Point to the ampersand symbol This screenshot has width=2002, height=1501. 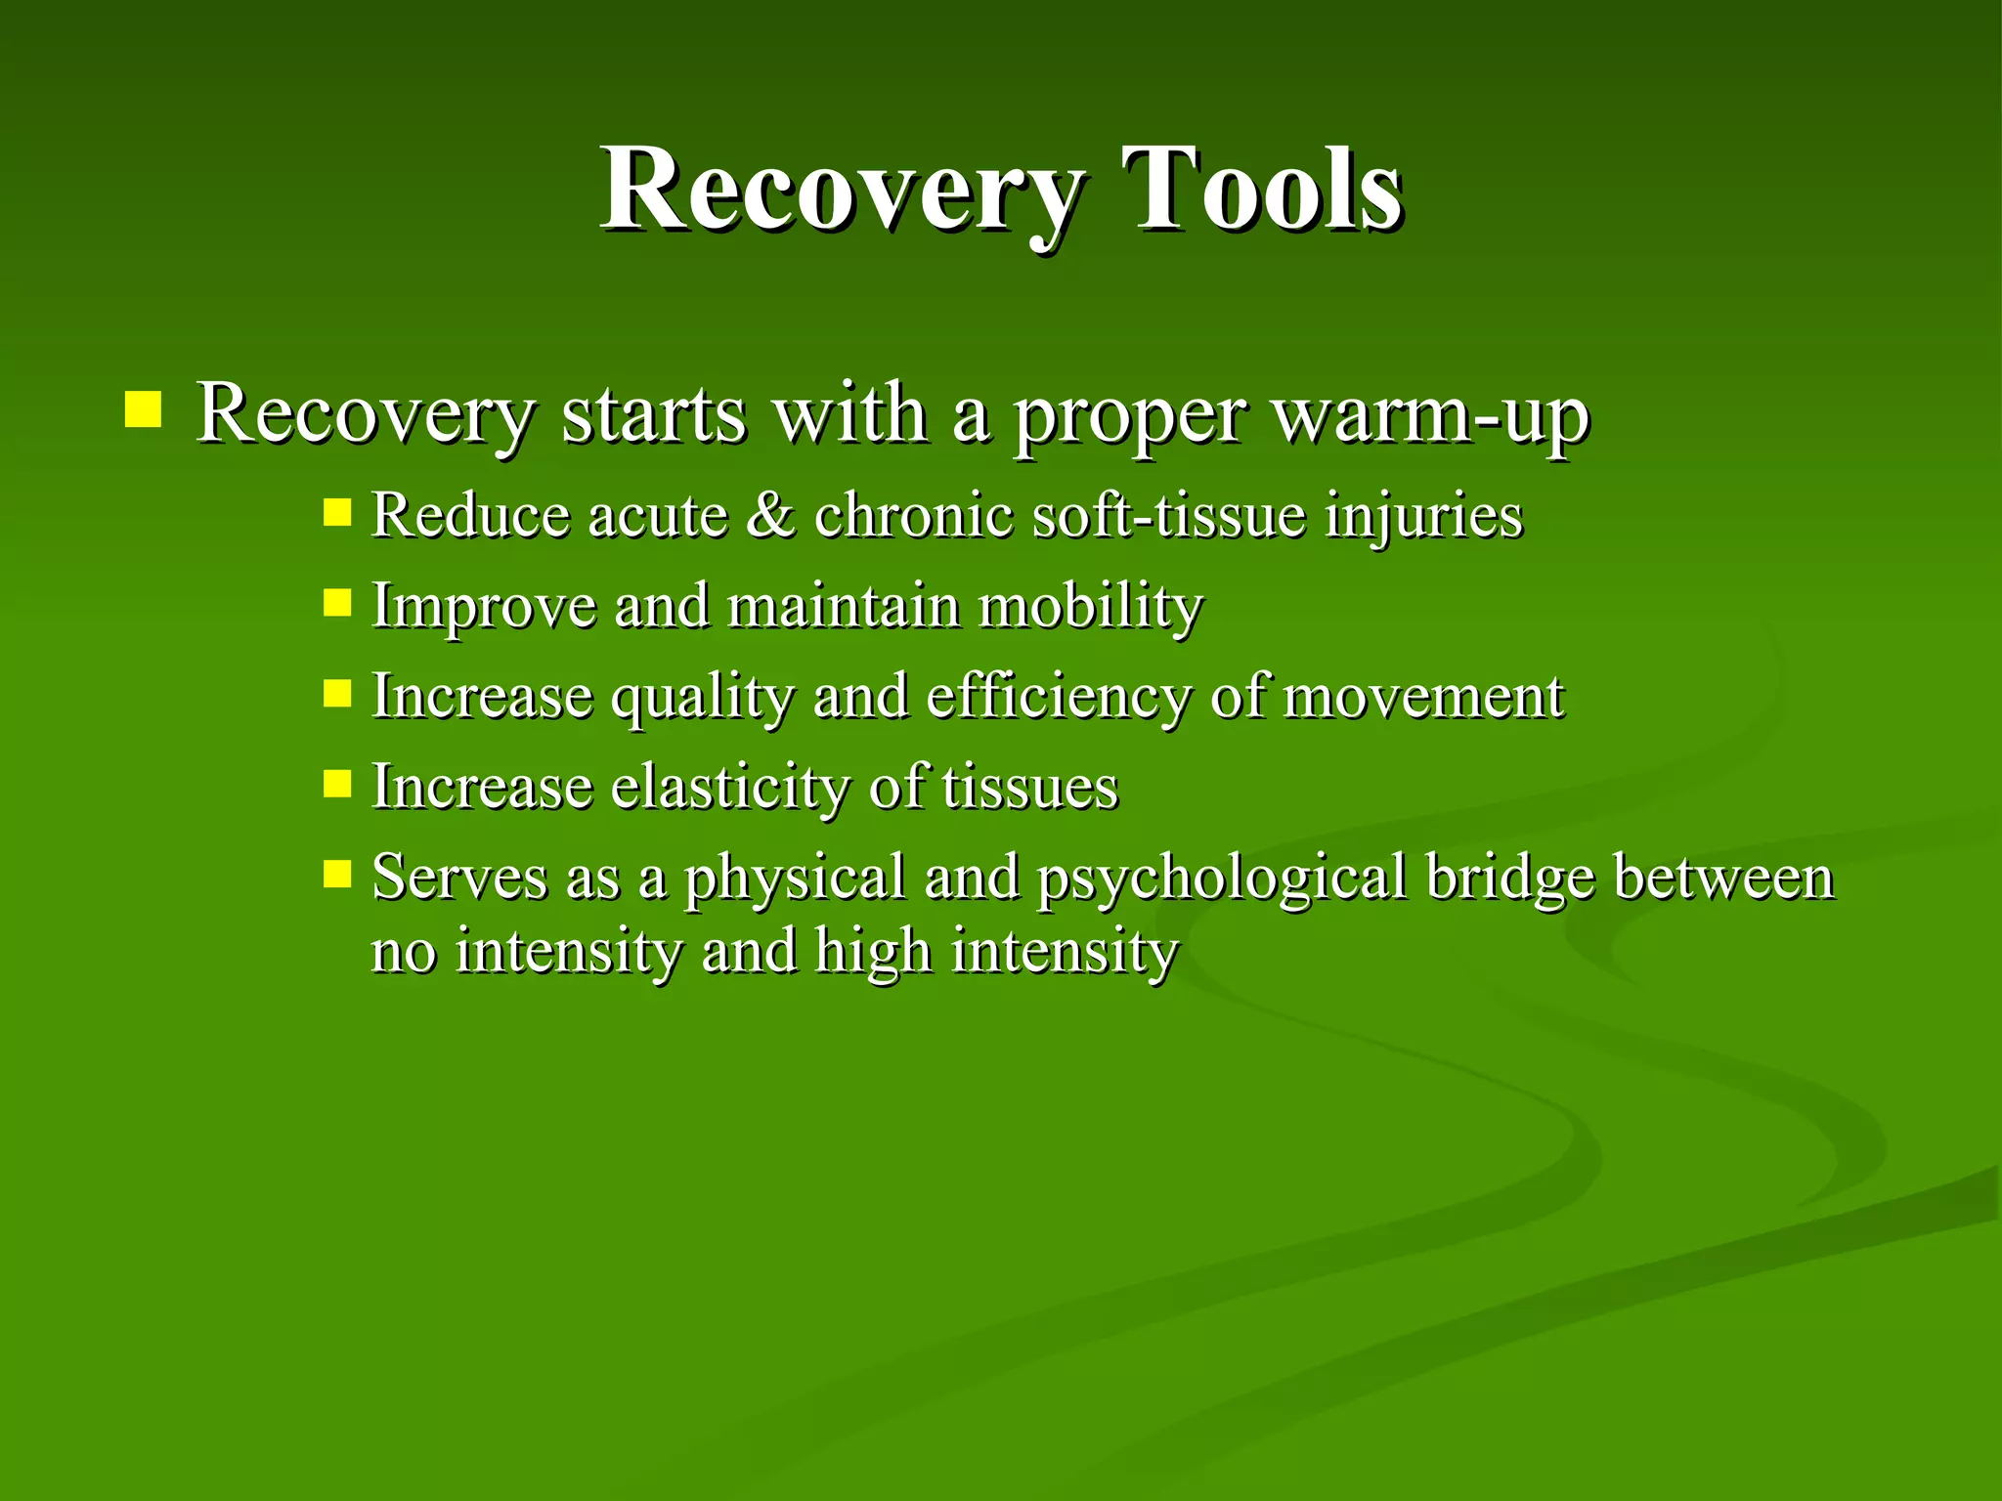coord(770,515)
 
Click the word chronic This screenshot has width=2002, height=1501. coord(913,515)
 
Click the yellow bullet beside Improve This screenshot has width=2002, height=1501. coord(337,602)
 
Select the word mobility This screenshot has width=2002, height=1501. coord(1091,607)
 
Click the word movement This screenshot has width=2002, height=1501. coord(1423,697)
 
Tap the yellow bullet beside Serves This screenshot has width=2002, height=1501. coord(337,873)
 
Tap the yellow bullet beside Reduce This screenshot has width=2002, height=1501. coord(337,512)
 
